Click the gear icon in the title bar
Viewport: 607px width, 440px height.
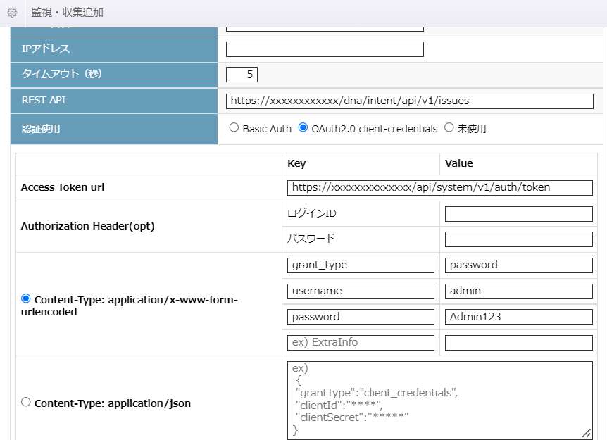pos(13,13)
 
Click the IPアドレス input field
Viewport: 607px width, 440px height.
pos(325,49)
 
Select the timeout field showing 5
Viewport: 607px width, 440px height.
pos(242,75)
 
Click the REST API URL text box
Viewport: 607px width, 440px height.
pos(410,101)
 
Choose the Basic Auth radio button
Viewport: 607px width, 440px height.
pos(234,127)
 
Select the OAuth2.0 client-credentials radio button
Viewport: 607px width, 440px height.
pos(303,127)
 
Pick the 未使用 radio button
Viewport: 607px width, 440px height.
pos(449,127)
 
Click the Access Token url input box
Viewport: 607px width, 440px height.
pos(440,188)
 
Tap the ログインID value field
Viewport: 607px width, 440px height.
pos(519,213)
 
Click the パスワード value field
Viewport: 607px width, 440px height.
pos(519,239)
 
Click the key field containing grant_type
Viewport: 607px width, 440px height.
pos(361,265)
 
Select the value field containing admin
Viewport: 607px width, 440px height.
pos(519,291)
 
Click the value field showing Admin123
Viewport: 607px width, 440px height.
pos(519,317)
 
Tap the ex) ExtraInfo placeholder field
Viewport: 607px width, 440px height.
pos(361,342)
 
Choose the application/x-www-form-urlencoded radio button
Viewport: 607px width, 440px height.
pos(26,298)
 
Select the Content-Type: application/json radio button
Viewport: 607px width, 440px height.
pos(26,402)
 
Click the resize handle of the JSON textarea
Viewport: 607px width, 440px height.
pos(587,433)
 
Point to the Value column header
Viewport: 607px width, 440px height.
pos(458,163)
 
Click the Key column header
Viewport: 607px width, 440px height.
pos(296,163)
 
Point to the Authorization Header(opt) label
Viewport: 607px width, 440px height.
pos(87,226)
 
